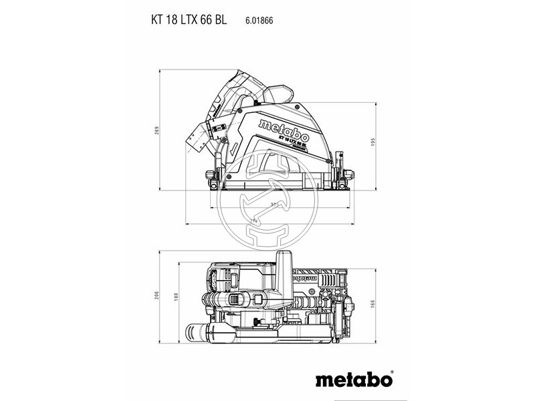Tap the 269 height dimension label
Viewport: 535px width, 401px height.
156,130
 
